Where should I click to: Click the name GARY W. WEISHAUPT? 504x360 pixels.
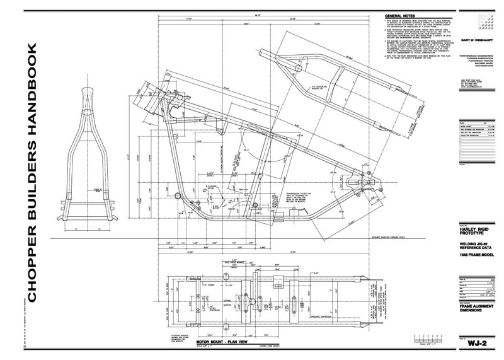[479, 39]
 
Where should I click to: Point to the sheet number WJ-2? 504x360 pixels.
[478, 345]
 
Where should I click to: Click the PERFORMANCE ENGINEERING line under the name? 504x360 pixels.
[480, 55]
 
